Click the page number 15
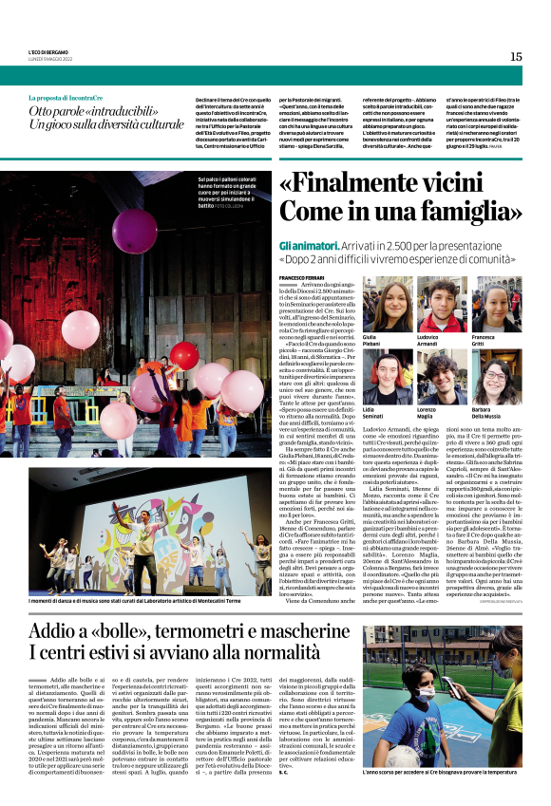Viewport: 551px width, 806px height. [x=516, y=57]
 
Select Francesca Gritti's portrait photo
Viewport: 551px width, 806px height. [x=490, y=307]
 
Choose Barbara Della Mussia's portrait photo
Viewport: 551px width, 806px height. [x=490, y=377]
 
